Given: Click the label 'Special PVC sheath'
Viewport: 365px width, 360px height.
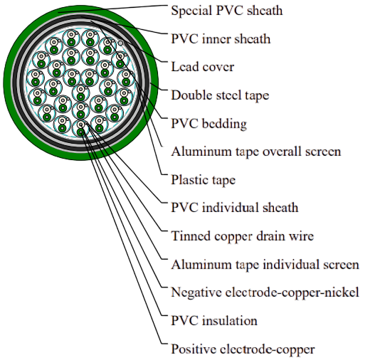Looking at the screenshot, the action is pyautogui.click(x=227, y=11).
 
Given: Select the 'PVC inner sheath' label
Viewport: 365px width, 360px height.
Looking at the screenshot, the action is pyautogui.click(x=221, y=39).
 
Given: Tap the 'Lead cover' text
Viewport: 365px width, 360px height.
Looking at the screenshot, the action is pyautogui.click(x=203, y=67).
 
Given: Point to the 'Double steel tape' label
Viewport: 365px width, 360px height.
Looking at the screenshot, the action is pyautogui.click(x=220, y=95).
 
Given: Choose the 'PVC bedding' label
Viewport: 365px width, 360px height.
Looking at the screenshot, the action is pyautogui.click(x=209, y=124).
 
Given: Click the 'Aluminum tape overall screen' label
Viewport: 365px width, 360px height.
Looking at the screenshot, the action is pyautogui.click(x=256, y=152).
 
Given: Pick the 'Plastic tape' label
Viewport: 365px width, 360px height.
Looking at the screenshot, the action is pyautogui.click(x=203, y=180).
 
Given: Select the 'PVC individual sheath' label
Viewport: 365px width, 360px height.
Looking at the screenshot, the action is pyautogui.click(x=235, y=208).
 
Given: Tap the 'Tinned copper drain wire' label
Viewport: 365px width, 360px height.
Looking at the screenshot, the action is pyautogui.click(x=243, y=236).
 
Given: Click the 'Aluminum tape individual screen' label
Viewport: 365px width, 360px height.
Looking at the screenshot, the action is pyautogui.click(x=265, y=265).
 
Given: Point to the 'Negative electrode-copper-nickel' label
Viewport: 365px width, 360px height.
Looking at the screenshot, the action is pyautogui.click(x=265, y=292).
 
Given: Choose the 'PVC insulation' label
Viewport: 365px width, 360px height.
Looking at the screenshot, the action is pyautogui.click(x=214, y=321).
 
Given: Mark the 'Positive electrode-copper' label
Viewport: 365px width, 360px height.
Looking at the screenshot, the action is pyautogui.click(x=243, y=349).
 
